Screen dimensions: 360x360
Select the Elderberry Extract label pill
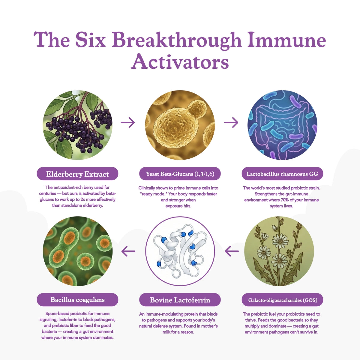[x=77, y=174]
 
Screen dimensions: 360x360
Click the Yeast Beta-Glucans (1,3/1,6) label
[x=180, y=174]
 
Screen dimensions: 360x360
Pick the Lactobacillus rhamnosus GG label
[x=282, y=174]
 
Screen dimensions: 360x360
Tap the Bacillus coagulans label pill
[x=77, y=300]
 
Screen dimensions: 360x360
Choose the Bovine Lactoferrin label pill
[x=180, y=300]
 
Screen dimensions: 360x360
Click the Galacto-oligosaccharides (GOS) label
[x=282, y=300]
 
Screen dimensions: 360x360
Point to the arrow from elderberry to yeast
[x=128, y=123]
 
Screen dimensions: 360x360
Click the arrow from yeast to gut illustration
[x=231, y=123]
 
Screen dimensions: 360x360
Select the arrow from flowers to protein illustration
[x=232, y=251]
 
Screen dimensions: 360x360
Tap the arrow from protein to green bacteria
[x=128, y=251]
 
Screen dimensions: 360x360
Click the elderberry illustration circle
[x=78, y=125]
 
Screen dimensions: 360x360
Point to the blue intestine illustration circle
[x=282, y=125]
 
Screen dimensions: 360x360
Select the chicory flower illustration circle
[x=279, y=251]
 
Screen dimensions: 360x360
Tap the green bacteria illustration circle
[x=78, y=251]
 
